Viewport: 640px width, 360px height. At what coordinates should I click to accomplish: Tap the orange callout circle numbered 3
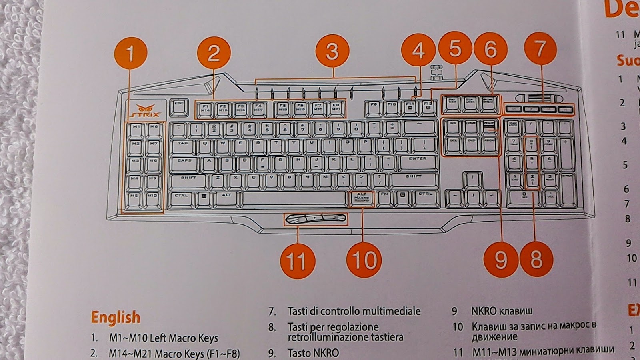[332, 52]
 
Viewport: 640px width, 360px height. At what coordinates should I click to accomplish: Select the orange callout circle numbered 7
[540, 49]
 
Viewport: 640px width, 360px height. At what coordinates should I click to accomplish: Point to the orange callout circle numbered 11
[296, 261]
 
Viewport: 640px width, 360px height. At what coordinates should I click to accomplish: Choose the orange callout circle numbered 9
[501, 259]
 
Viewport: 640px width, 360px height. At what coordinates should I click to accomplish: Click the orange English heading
[116, 317]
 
